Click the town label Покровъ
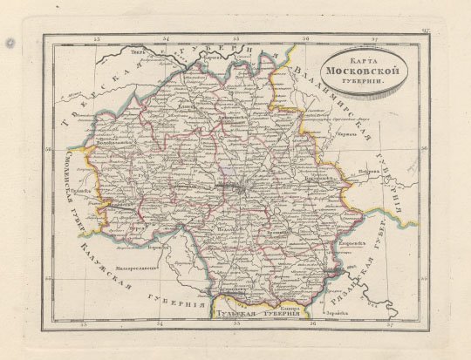(365, 172)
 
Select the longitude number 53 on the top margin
(99, 39)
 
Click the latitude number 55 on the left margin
(50, 278)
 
